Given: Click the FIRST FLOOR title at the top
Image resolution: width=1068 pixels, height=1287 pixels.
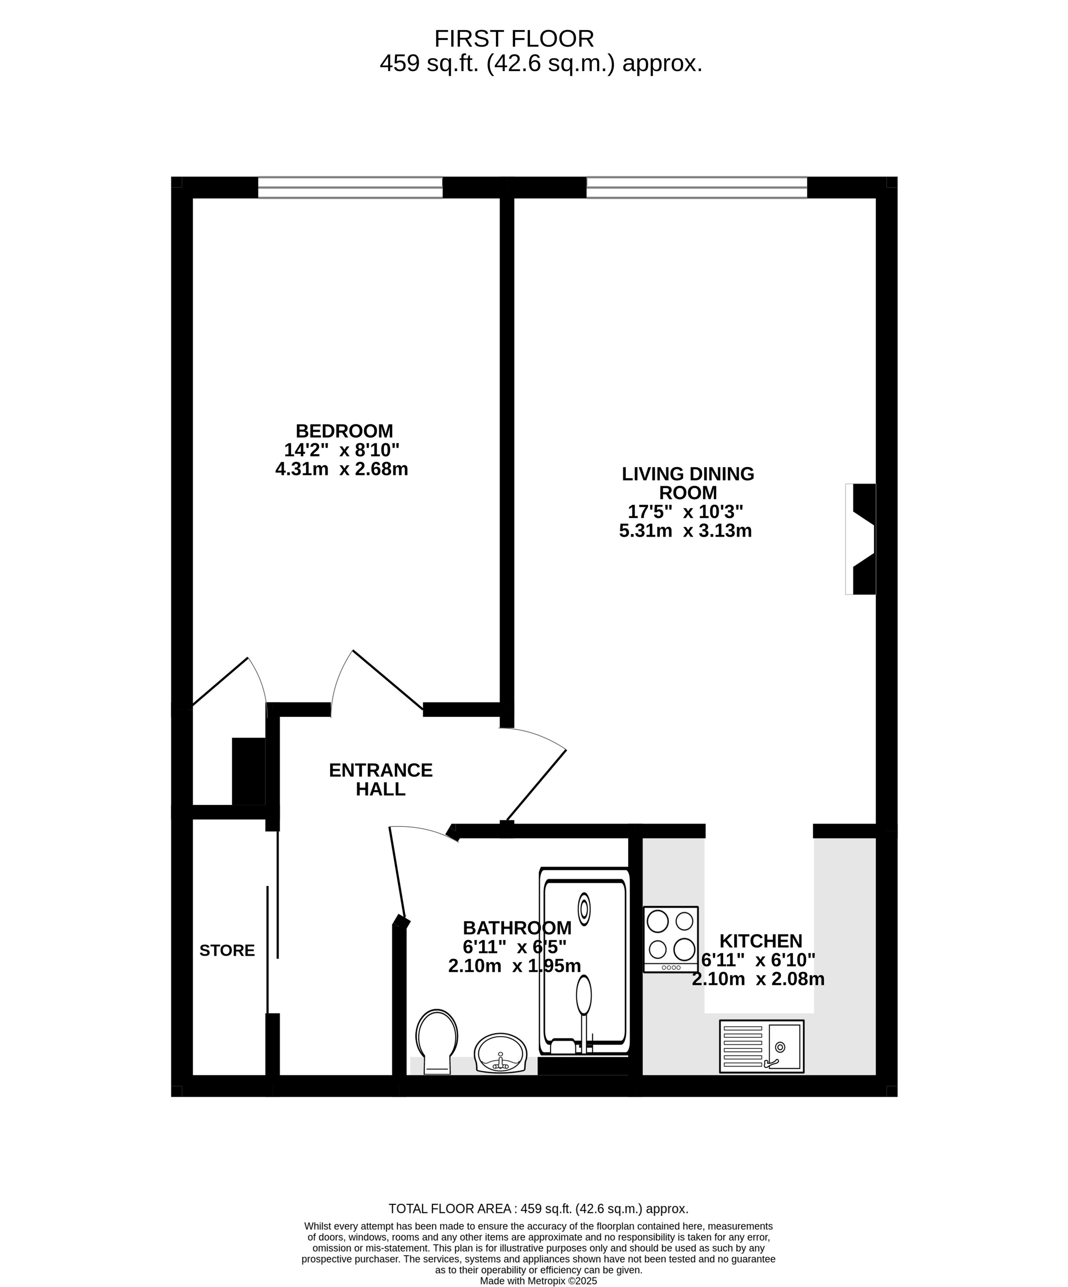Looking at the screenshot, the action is pos(514,39).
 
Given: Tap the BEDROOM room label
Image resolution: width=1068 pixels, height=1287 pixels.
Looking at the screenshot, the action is pos(344,431).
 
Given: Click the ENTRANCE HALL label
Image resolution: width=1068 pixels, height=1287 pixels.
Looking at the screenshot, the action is pos(381,780).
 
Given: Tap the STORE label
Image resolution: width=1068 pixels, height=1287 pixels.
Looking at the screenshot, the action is pos(227,950).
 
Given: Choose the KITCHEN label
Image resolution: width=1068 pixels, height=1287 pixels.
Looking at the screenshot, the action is pos(760,941).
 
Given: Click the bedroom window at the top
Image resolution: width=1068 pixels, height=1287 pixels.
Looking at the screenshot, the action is pos(350,188).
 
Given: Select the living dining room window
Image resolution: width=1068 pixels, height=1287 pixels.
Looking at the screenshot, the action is pos(697,188).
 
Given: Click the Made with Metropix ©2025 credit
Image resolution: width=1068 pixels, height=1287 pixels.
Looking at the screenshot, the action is pos(538,1281).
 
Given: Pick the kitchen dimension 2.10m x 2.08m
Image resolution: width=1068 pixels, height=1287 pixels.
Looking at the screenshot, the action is pos(758,979).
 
